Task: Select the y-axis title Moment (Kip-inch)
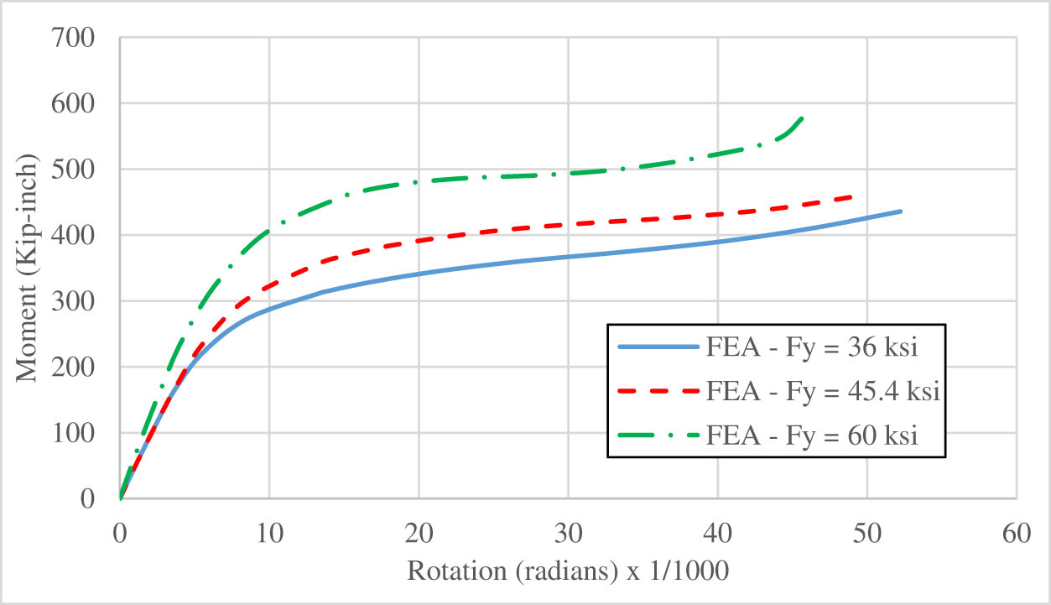point(27,269)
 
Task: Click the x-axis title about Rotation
point(568,571)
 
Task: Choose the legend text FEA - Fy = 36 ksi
point(811,347)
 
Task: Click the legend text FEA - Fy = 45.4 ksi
point(821,391)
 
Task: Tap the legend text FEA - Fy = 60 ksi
point(811,435)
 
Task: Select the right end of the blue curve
point(901,211)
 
